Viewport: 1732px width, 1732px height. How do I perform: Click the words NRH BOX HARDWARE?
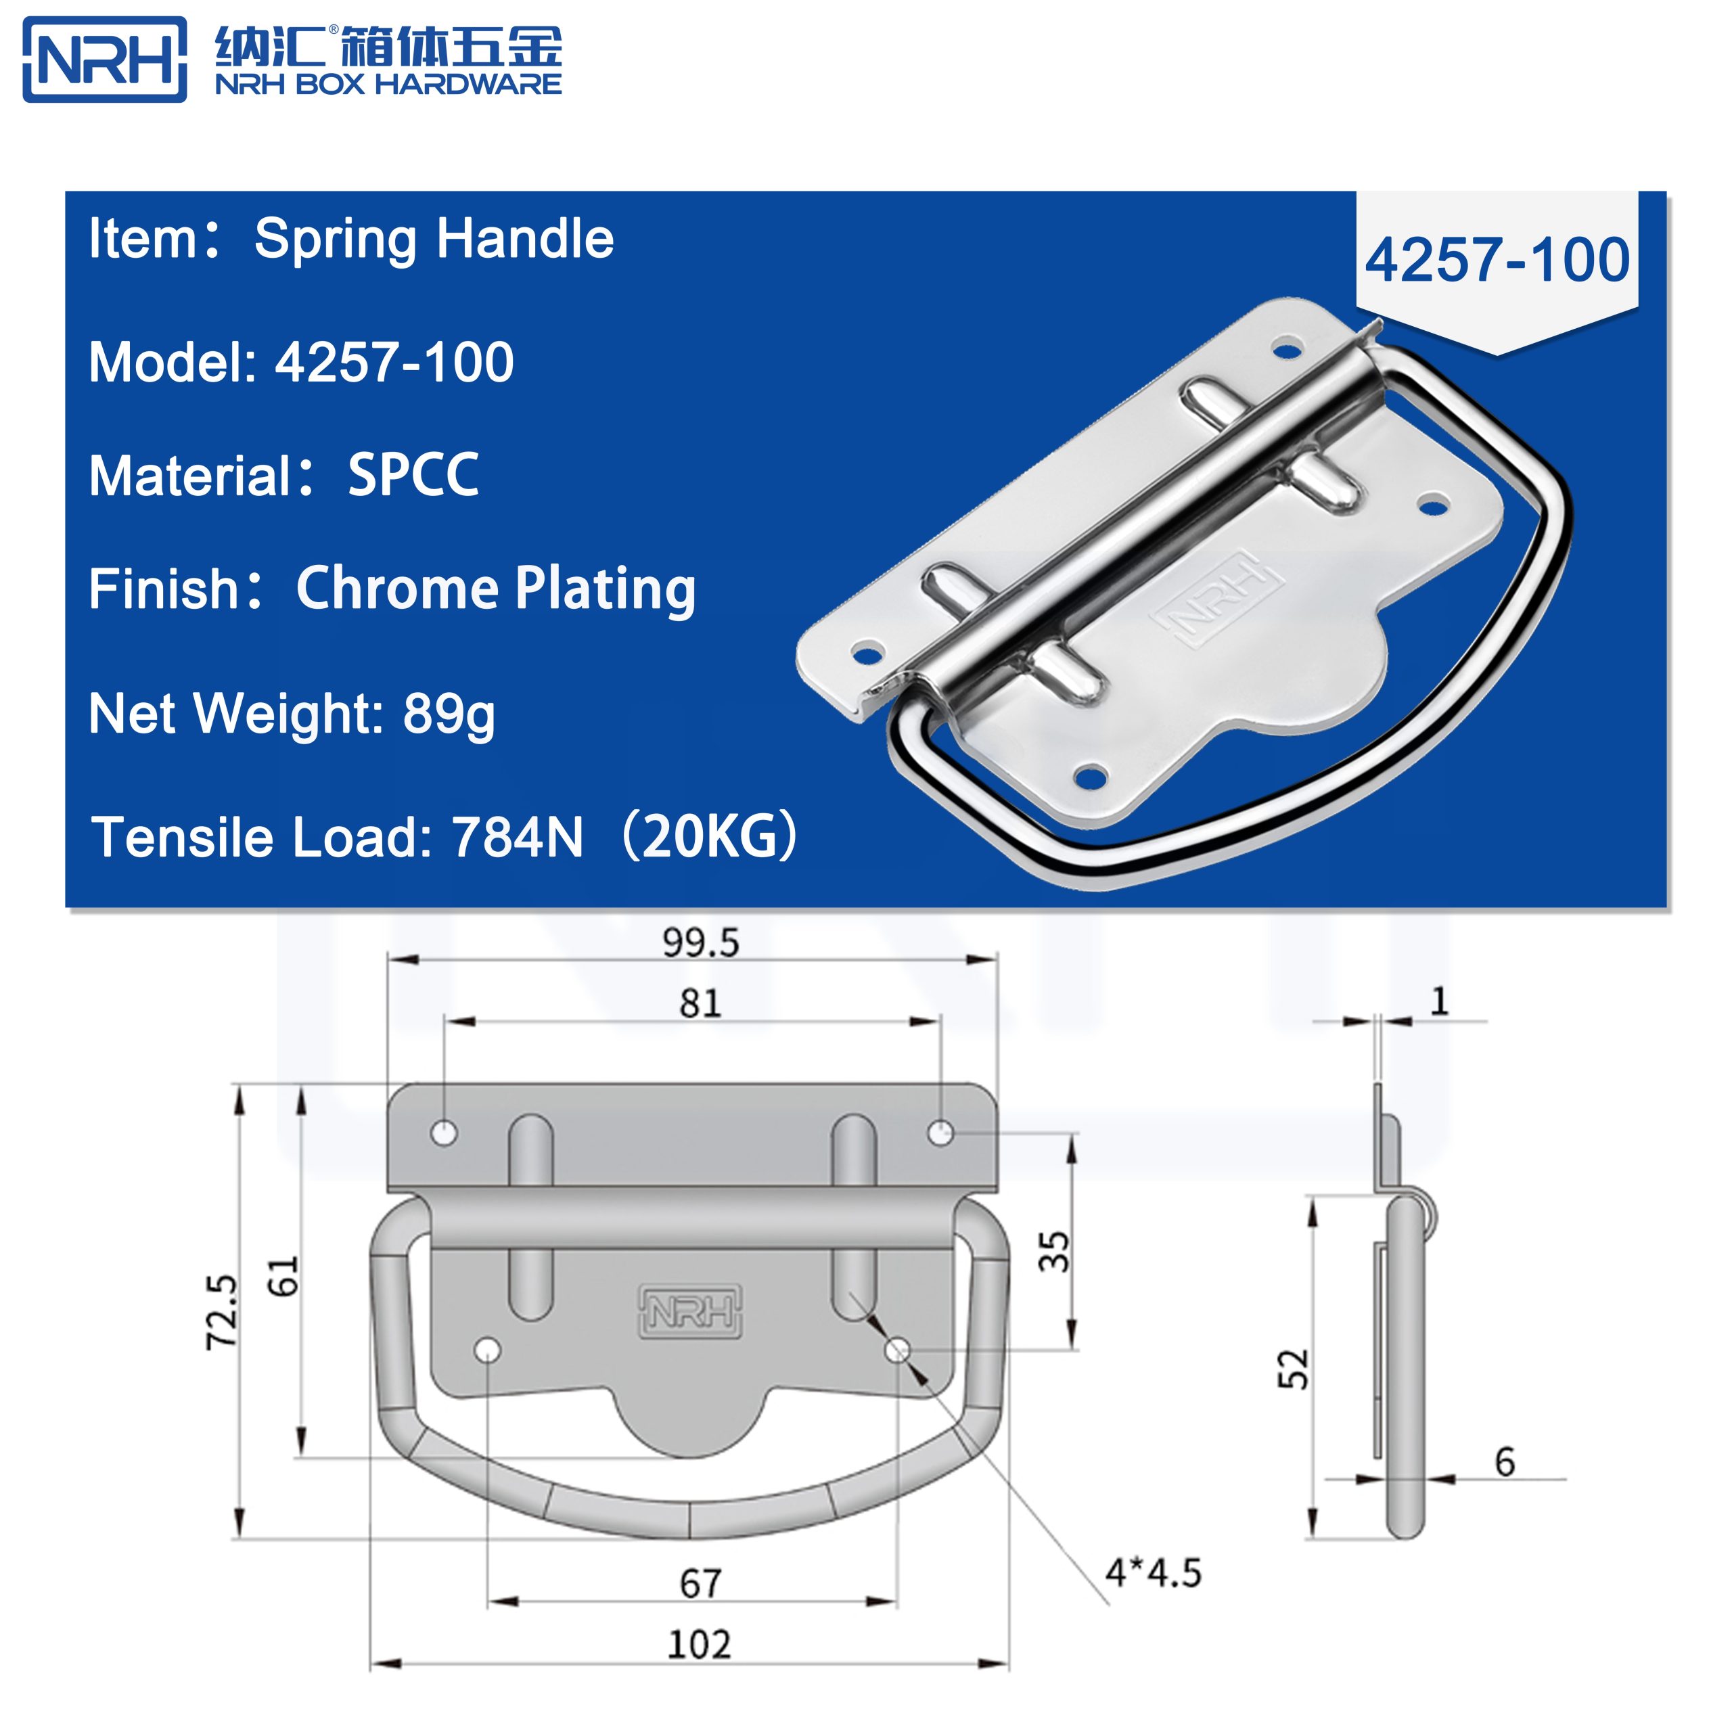(388, 85)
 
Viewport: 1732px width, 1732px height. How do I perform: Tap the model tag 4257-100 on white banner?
(1497, 261)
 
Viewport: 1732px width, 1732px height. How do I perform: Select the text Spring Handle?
(434, 240)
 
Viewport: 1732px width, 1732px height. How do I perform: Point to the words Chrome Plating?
(496, 589)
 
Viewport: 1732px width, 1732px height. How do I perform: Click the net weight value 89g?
(449, 714)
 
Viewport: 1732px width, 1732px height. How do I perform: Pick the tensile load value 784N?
(518, 838)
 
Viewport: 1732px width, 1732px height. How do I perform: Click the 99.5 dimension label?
(700, 943)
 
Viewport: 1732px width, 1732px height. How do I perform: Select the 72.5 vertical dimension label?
(221, 1312)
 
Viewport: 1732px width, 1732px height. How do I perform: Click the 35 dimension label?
(1054, 1252)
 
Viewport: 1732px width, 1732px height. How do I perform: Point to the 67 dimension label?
(700, 1584)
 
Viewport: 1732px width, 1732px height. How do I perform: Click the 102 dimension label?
(700, 1645)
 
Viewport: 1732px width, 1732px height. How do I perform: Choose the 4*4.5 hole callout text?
(1153, 1573)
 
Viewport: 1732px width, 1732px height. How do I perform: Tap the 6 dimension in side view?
(1505, 1462)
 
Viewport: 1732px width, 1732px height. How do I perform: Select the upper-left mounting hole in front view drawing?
(444, 1133)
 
